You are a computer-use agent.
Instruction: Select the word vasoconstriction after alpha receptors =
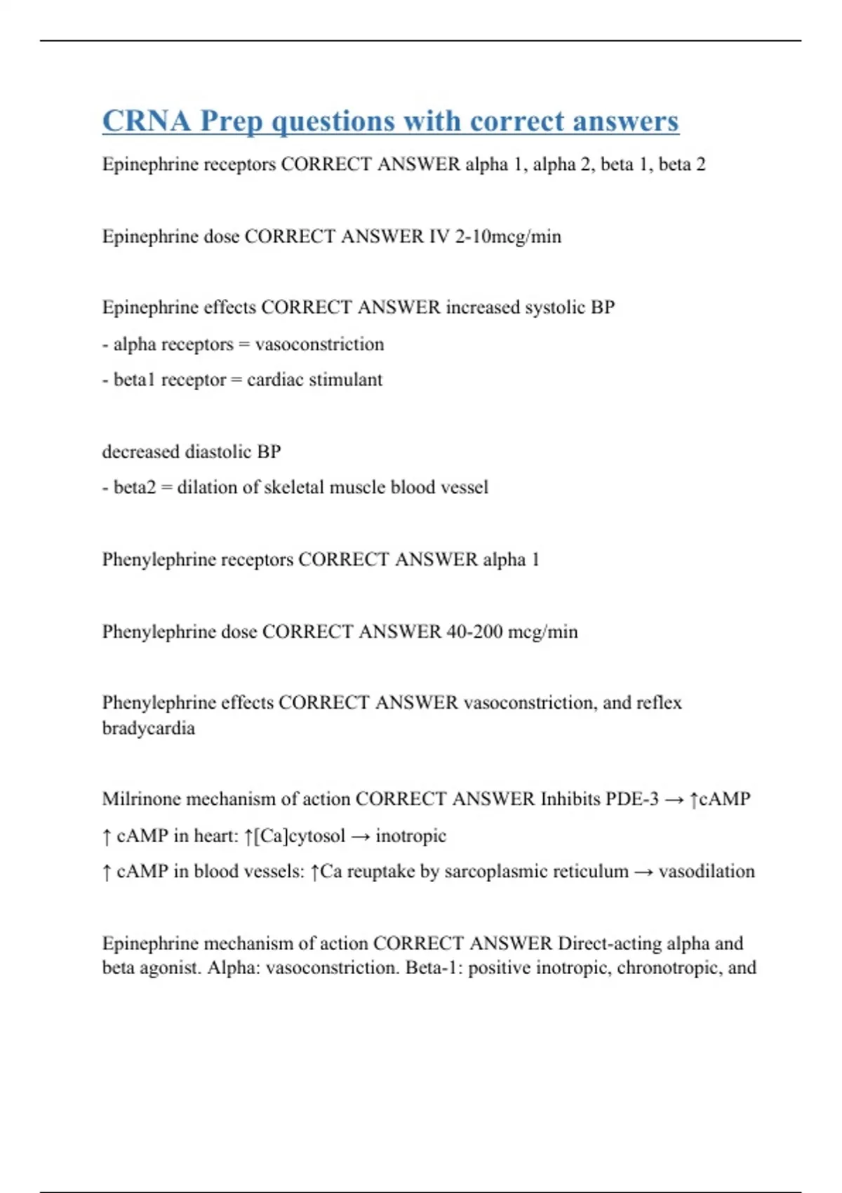(x=319, y=345)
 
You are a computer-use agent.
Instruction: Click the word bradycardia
(x=148, y=728)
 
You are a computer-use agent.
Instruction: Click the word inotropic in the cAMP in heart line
(x=410, y=836)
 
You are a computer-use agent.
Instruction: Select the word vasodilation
(x=707, y=872)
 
